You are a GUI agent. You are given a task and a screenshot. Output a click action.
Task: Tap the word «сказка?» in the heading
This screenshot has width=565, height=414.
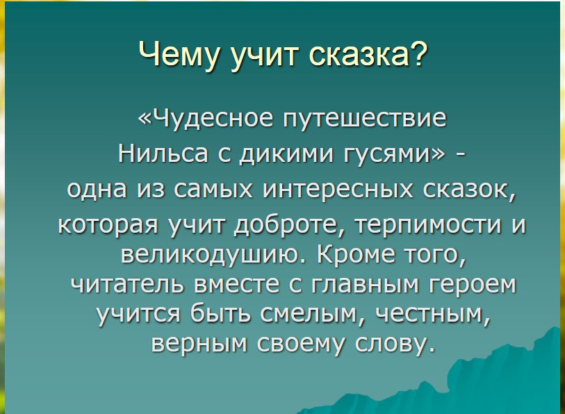click(367, 54)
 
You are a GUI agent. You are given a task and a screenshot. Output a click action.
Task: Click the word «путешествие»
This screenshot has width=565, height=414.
click(364, 118)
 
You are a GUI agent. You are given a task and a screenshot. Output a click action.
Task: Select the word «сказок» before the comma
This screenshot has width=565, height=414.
click(466, 189)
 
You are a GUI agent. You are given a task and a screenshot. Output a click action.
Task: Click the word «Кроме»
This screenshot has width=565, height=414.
click(356, 254)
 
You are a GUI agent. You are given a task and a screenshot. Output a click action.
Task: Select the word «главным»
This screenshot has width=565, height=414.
click(365, 284)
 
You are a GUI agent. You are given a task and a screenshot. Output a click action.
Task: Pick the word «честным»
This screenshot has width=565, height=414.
click(430, 314)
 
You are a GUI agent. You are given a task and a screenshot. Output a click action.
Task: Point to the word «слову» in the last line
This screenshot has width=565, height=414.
click(392, 344)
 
